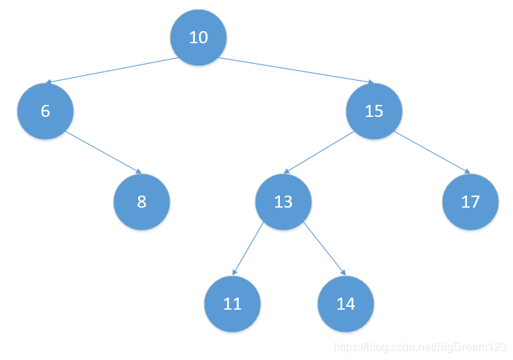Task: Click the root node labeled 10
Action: (x=198, y=38)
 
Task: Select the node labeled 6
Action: (x=45, y=111)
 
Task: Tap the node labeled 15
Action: (x=374, y=111)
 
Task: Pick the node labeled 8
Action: (x=142, y=202)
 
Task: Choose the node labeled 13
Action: (x=283, y=202)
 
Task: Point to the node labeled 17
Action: (x=470, y=202)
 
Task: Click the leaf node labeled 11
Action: (x=232, y=304)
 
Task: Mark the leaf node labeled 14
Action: (x=346, y=304)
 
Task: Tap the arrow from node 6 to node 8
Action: (x=103, y=152)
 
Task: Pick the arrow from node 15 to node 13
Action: (x=319, y=152)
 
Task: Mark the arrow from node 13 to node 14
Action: (x=325, y=249)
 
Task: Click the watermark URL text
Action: (x=420, y=347)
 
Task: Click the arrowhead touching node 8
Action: (x=139, y=171)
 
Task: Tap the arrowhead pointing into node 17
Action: (x=466, y=171)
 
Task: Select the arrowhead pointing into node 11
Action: (x=235, y=273)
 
